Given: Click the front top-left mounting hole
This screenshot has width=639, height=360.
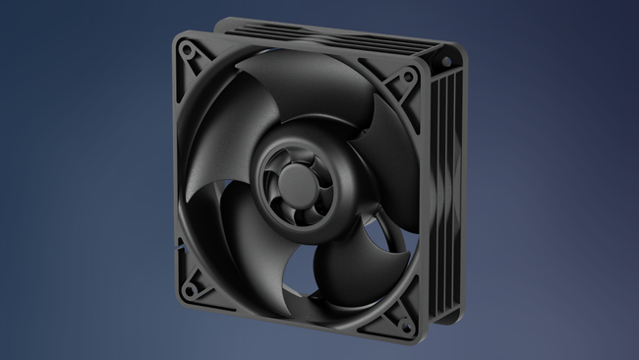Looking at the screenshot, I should [186, 47].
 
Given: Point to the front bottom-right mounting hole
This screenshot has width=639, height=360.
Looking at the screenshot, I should [401, 317].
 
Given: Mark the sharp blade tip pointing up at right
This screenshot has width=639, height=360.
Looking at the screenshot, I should [379, 101].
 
